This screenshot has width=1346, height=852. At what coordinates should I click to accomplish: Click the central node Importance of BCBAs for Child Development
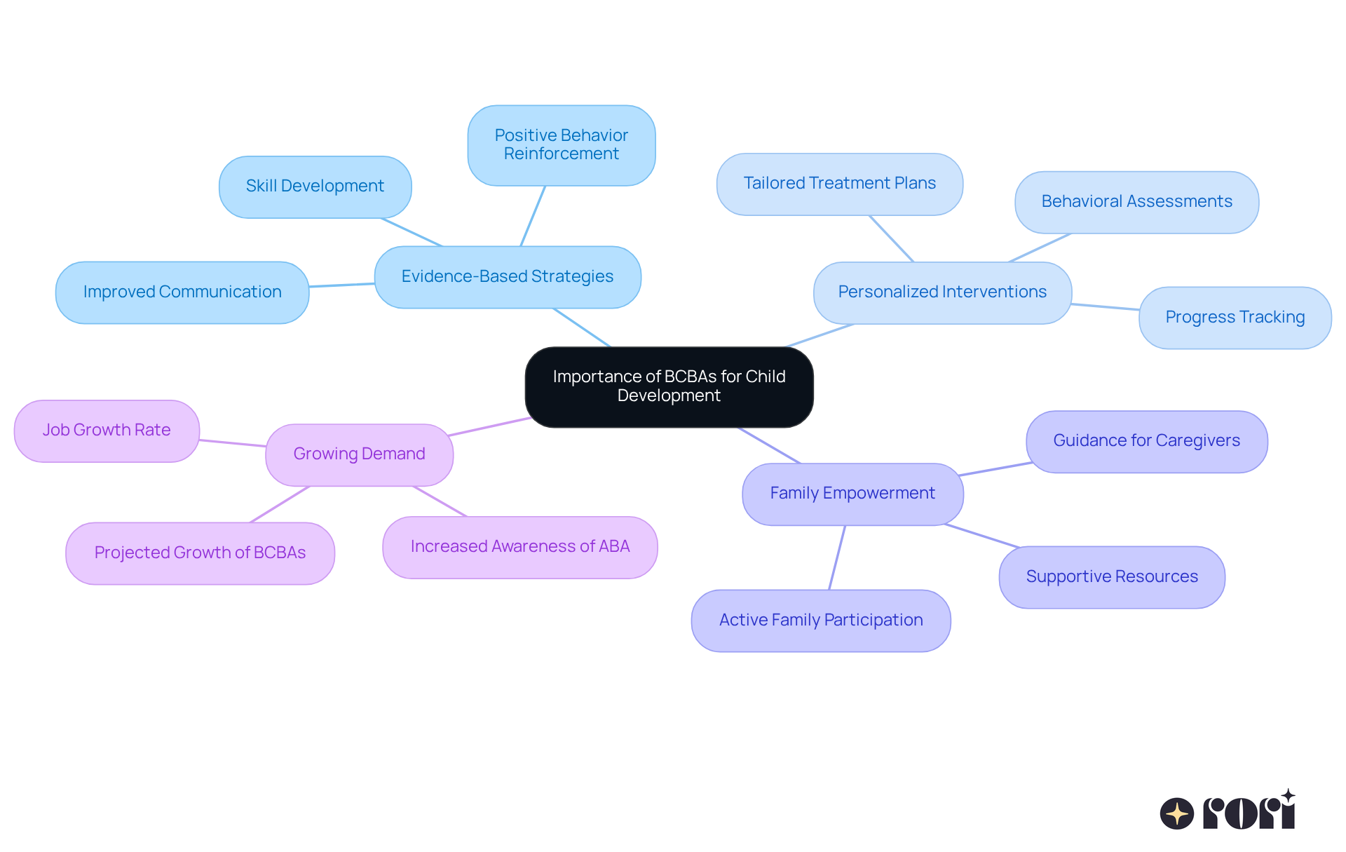click(x=669, y=386)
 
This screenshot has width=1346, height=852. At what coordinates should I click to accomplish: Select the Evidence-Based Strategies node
click(x=508, y=277)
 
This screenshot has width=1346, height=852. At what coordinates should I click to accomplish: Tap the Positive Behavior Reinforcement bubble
click(x=561, y=145)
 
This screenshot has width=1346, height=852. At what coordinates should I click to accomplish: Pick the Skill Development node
click(x=315, y=187)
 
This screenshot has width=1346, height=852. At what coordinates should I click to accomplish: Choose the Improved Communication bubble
click(x=182, y=292)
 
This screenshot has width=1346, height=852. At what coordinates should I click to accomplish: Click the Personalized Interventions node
click(x=942, y=292)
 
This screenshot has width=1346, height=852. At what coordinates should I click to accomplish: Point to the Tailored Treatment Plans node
click(x=839, y=184)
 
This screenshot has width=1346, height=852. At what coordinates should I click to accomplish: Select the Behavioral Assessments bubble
click(x=1136, y=202)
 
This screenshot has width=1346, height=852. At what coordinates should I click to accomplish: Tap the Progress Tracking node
click(x=1235, y=318)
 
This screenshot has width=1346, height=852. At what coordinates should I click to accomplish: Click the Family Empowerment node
click(x=852, y=494)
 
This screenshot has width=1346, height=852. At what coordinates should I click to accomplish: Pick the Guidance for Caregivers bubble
click(x=1146, y=441)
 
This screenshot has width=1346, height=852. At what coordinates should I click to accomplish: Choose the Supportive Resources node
click(x=1112, y=577)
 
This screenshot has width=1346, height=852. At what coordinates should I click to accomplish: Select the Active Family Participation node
click(x=821, y=621)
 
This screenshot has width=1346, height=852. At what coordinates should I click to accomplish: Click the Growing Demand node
click(x=359, y=454)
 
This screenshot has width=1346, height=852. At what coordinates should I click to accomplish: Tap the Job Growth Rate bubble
click(x=107, y=431)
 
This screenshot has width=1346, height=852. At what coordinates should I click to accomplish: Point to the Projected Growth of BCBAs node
click(x=200, y=553)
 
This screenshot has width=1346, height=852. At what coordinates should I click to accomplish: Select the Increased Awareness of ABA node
click(x=519, y=547)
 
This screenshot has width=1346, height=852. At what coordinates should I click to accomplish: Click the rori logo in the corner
click(x=1228, y=811)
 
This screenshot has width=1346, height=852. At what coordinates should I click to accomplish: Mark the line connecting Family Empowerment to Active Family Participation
click(x=837, y=557)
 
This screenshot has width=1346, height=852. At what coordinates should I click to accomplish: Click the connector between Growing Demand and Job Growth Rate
click(x=233, y=443)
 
